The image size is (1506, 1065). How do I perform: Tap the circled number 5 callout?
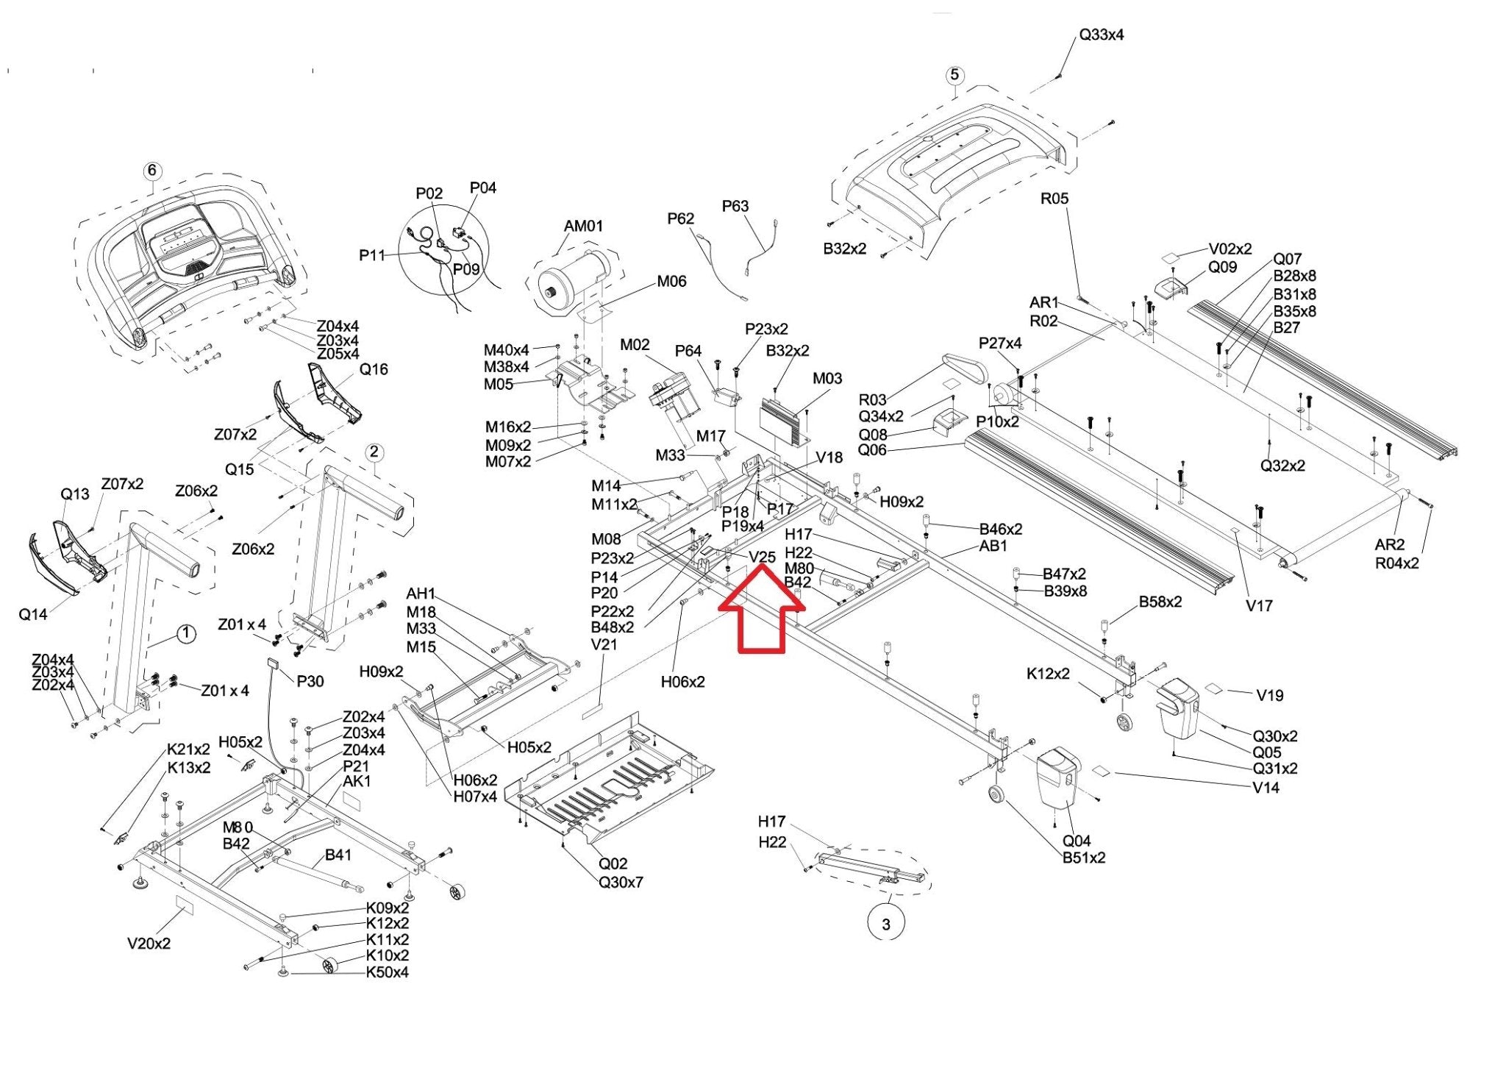(954, 74)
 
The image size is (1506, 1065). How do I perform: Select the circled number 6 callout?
(151, 171)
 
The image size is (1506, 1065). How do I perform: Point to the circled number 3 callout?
(885, 924)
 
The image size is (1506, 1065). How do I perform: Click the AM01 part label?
(583, 226)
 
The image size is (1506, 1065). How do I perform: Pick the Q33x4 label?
(1101, 35)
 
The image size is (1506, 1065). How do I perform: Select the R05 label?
(1054, 199)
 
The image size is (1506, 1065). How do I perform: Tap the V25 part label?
(762, 557)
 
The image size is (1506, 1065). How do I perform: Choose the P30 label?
(310, 681)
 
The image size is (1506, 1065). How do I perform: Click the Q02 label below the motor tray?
(613, 863)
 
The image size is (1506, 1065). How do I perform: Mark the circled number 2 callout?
(374, 452)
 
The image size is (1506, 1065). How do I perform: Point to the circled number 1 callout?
(187, 633)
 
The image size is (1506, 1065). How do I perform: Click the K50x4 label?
(387, 972)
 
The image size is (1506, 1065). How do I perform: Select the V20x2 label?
(149, 943)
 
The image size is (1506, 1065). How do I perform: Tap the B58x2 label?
(1160, 602)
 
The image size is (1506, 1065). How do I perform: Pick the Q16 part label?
(374, 369)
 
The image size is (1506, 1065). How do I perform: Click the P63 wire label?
(735, 206)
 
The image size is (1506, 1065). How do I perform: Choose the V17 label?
(1259, 605)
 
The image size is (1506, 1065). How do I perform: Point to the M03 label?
(827, 378)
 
